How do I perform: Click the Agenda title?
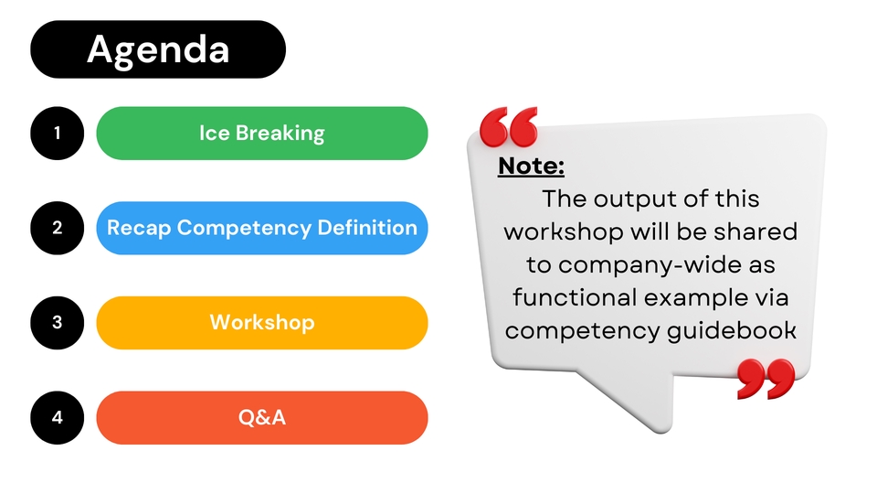pyautogui.click(x=158, y=49)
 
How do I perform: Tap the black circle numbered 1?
pyautogui.click(x=57, y=134)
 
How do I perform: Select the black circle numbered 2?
pyautogui.click(x=57, y=228)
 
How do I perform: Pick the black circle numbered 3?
pyautogui.click(x=57, y=323)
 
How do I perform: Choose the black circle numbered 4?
pyautogui.click(x=57, y=418)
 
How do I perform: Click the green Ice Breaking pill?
pyautogui.click(x=262, y=134)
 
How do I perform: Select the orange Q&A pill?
pyautogui.click(x=262, y=418)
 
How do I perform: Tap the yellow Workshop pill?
pyautogui.click(x=262, y=323)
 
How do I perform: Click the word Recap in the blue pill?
pyautogui.click(x=139, y=229)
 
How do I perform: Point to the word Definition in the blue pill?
pyautogui.click(x=367, y=228)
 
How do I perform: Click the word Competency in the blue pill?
pyautogui.click(x=245, y=229)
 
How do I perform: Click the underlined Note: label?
pyautogui.click(x=531, y=166)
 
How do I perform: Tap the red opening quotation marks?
pyautogui.click(x=509, y=127)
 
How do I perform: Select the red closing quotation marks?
pyautogui.click(x=766, y=379)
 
